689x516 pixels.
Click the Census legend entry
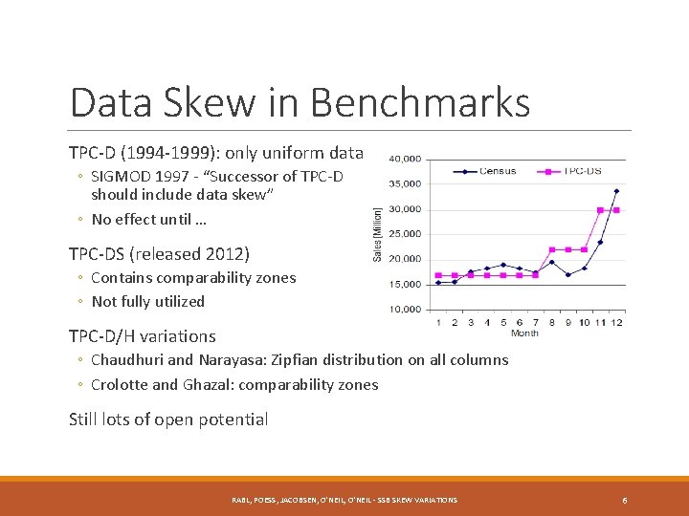click(496, 172)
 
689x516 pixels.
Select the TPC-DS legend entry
click(581, 172)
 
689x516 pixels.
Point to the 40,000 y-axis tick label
click(404, 159)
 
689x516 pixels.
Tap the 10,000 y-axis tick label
click(404, 309)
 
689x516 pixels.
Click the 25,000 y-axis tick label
click(404, 234)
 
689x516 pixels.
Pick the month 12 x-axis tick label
click(616, 322)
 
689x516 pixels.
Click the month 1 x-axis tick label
click(438, 322)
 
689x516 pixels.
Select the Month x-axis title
click(524, 333)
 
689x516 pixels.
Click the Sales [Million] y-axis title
click(377, 234)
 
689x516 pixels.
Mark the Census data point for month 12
click(616, 191)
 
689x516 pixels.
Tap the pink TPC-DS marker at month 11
click(600, 210)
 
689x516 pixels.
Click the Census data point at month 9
click(567, 275)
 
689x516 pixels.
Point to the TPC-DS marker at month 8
click(551, 249)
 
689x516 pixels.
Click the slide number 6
click(624, 500)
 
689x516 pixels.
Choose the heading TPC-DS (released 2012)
click(159, 254)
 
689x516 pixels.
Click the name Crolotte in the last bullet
click(120, 385)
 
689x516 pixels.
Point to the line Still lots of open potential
click(168, 419)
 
